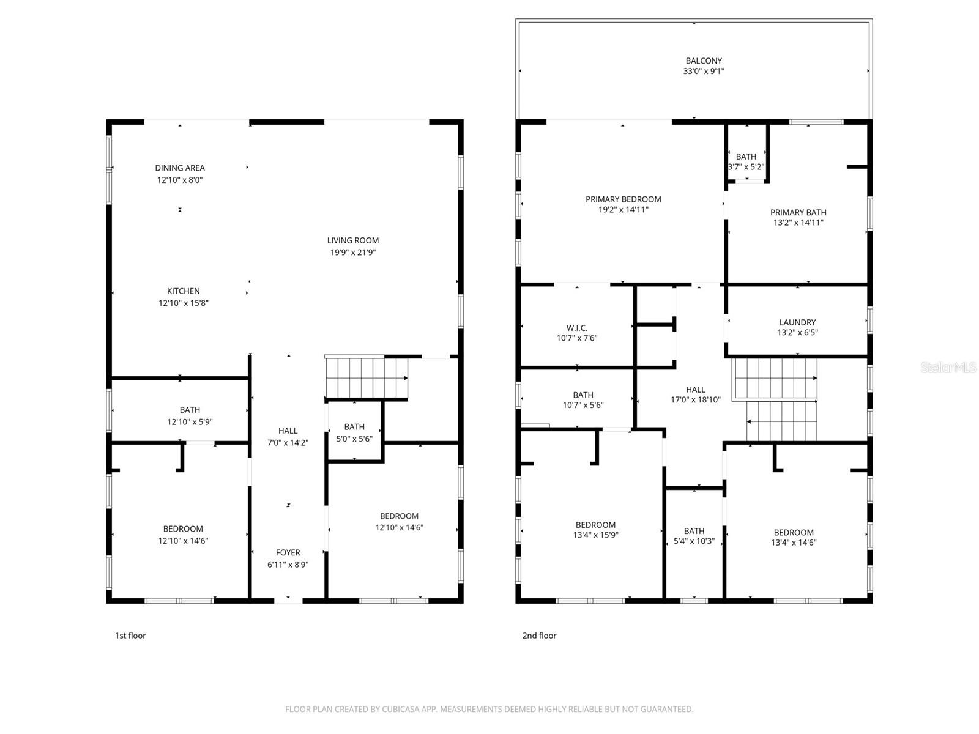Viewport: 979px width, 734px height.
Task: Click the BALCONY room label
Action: coord(703,61)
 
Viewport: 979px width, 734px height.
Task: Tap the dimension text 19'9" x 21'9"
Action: coord(353,252)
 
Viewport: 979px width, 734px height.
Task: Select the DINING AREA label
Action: coord(180,168)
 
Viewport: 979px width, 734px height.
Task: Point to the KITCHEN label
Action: coord(184,291)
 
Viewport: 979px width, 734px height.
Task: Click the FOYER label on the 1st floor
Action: coord(288,552)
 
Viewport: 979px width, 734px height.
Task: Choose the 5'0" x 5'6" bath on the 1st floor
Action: coord(354,432)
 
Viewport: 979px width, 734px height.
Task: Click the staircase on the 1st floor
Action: coord(366,377)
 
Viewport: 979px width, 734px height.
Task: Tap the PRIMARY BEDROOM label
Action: coord(623,199)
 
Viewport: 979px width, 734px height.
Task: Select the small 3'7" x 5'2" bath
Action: coord(746,161)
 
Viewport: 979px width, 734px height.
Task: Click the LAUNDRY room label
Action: coord(797,322)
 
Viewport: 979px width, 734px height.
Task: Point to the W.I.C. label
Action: coord(576,328)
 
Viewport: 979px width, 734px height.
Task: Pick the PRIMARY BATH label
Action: coord(798,212)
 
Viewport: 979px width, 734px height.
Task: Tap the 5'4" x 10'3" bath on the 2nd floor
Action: coord(694,536)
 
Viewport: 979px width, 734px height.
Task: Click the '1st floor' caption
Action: coord(130,636)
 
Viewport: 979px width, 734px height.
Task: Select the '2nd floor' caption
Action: coord(539,636)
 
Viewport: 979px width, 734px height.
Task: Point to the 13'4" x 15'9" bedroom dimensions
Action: coord(595,535)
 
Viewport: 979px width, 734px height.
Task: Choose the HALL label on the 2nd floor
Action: coord(695,390)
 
